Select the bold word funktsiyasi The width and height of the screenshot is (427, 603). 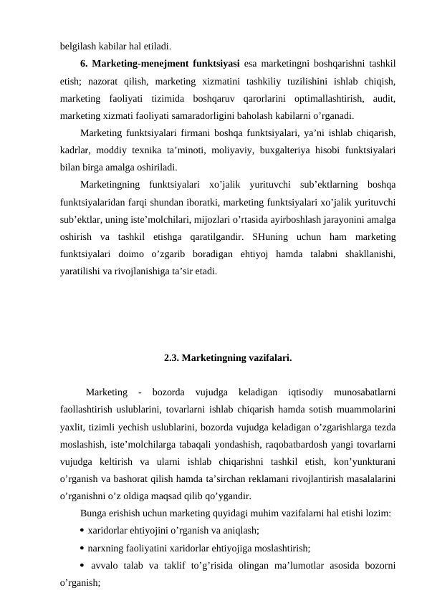click(x=216, y=64)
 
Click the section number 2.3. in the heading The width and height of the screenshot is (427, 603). click(x=173, y=356)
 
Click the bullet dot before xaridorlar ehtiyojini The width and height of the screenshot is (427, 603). click(x=83, y=531)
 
